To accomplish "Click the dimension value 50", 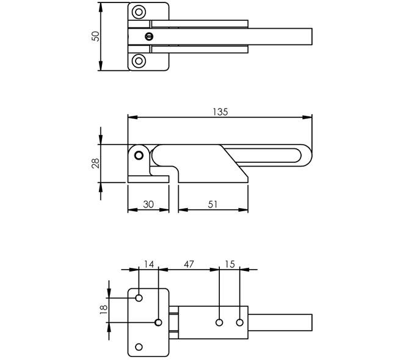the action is click(x=95, y=36).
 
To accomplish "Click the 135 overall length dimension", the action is click(x=220, y=112).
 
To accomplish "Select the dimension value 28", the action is click(x=95, y=164).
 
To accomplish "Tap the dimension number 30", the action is click(x=148, y=204).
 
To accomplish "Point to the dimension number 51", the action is click(x=212, y=204).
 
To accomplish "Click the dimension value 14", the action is click(x=148, y=264).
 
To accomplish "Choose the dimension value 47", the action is click(x=189, y=264).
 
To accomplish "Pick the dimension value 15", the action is click(x=230, y=264).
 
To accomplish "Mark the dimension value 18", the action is click(x=103, y=310).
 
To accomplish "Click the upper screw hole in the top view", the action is click(x=139, y=12).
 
